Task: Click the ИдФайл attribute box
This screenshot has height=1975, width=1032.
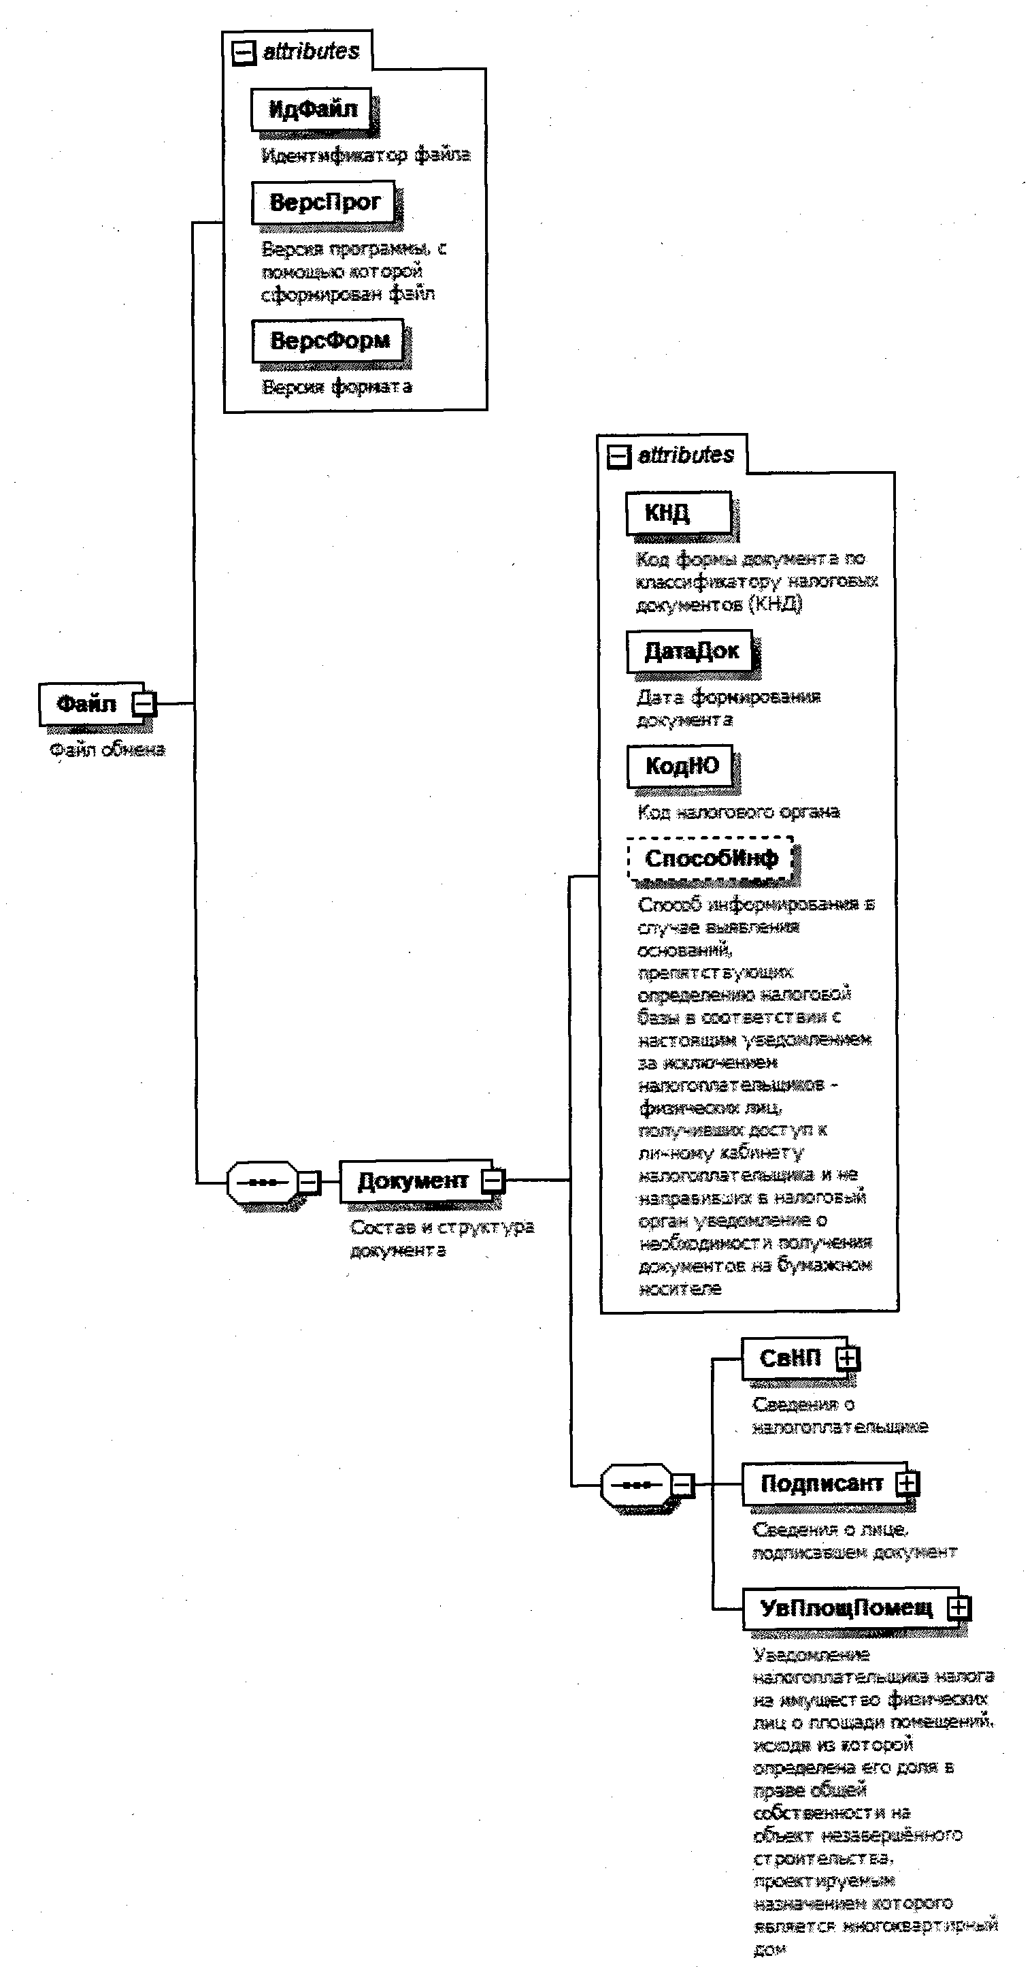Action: (311, 110)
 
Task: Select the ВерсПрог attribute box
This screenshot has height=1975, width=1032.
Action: (323, 202)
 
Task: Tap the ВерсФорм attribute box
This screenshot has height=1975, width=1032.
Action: (328, 340)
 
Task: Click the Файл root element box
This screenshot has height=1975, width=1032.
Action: (86, 704)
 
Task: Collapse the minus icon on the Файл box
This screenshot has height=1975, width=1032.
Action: (144, 704)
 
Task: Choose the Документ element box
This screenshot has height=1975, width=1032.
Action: (412, 1181)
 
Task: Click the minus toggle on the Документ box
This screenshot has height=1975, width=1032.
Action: (492, 1181)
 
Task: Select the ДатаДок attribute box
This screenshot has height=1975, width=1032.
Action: (690, 651)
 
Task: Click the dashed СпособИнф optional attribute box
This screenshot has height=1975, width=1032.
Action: (710, 858)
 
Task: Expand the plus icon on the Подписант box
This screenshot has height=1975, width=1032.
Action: (907, 1483)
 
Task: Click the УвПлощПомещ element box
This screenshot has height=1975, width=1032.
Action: (846, 1608)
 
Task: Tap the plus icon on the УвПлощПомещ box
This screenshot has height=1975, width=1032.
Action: (959, 1608)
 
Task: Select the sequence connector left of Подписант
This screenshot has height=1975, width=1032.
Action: (637, 1485)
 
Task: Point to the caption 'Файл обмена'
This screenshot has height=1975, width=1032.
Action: (107, 750)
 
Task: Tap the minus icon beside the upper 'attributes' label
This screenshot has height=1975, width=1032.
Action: (244, 53)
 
